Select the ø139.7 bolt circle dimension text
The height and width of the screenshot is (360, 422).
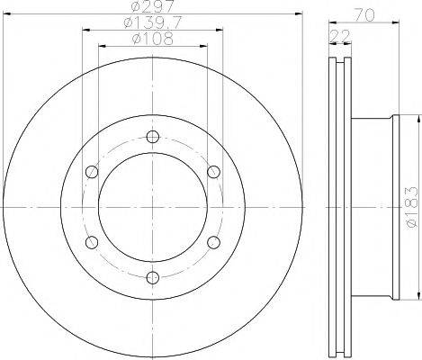153,22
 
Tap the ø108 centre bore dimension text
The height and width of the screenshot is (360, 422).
153,39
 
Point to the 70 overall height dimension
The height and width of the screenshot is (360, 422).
364,15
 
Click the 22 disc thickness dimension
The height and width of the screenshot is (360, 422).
340,36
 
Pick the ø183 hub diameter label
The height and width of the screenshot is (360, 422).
410,207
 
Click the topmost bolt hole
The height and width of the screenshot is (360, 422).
153,137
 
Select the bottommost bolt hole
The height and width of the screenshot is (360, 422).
153,277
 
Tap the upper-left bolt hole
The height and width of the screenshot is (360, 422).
92,172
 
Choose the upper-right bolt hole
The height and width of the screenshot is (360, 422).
213,172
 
